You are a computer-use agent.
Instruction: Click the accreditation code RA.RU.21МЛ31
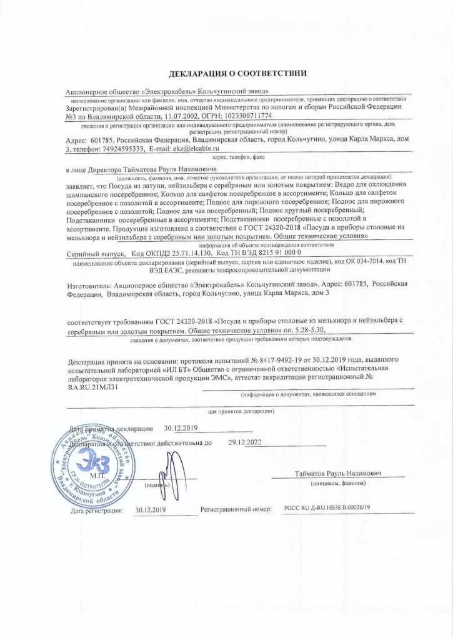coord(92,387)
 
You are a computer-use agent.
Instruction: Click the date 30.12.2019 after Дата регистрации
coord(150,509)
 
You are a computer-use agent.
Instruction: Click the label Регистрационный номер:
coord(235,509)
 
